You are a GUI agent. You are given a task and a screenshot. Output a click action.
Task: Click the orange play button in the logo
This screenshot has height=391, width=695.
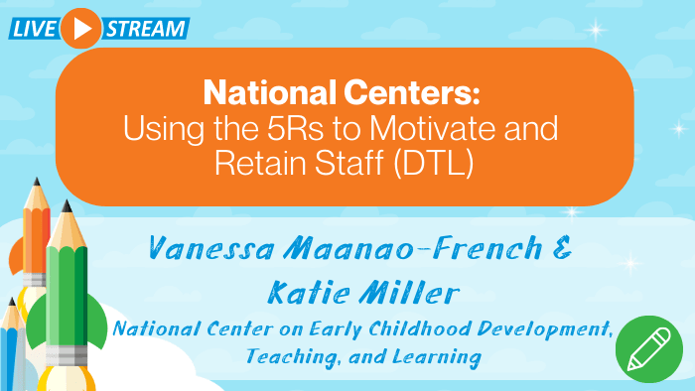pos(80,28)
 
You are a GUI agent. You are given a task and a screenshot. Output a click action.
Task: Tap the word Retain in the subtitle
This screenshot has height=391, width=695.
pos(259,162)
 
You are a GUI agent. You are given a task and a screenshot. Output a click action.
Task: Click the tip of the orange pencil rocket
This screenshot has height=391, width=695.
pos(36,183)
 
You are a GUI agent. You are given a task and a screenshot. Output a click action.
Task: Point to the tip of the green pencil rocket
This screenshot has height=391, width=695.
pos(68,205)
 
